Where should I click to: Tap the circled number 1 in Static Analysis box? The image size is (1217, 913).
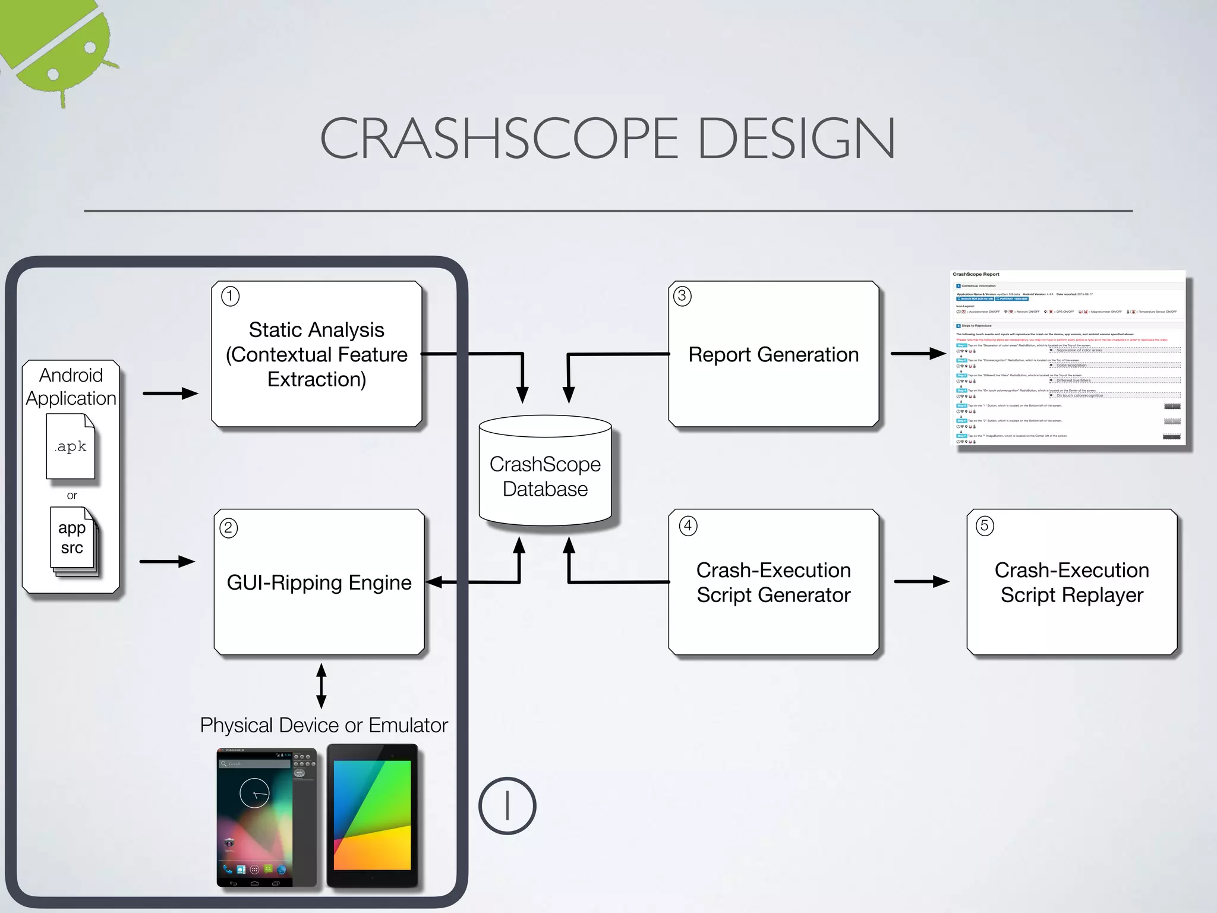(230, 295)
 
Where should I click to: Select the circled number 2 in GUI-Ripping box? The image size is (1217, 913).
(229, 527)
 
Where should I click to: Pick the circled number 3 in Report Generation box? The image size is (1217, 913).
(682, 295)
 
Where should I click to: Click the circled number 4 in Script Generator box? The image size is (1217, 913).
(688, 525)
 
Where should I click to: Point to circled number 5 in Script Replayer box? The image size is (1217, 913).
(985, 525)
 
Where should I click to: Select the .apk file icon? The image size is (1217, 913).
(71, 446)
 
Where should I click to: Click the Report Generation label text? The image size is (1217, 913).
(773, 355)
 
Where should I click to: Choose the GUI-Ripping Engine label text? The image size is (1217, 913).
(319, 583)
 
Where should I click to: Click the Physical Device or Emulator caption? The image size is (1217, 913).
(324, 725)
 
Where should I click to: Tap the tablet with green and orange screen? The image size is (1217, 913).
(373, 815)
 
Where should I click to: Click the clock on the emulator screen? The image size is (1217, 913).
(255, 792)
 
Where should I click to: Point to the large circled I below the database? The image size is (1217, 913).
(507, 806)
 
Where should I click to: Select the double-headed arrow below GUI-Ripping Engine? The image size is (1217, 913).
(321, 686)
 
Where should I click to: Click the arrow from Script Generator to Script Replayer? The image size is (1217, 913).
(922, 581)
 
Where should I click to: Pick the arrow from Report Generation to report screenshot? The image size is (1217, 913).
(918, 354)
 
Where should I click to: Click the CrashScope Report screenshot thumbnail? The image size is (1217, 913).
(1068, 358)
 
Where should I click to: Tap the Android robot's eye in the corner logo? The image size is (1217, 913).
(90, 47)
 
